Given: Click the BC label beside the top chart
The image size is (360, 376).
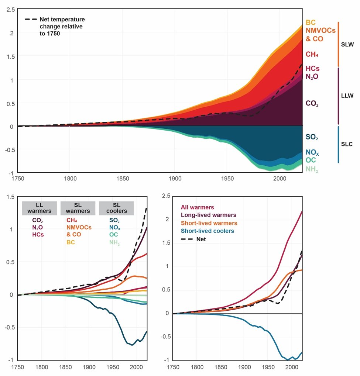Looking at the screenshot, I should tap(311, 23).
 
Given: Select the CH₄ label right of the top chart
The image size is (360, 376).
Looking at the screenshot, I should tap(312, 54).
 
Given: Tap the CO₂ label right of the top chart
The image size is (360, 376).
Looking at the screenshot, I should tap(312, 104).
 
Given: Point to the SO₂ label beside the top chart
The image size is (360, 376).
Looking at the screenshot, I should tap(312, 137).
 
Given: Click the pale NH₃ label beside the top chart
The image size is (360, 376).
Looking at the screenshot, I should tap(312, 169).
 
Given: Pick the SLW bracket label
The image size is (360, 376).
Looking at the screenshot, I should tap(347, 45).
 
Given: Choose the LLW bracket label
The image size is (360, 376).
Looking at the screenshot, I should tap(347, 96).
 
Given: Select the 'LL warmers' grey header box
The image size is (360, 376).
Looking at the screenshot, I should tap(39, 208).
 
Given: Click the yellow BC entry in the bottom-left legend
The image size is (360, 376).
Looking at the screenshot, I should tap(71, 242).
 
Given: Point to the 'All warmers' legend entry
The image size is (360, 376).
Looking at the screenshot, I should tap(197, 207).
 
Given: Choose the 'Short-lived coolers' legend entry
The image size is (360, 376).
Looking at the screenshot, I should tap(207, 231).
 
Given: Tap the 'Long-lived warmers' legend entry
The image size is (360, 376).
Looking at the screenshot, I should tap(209, 215).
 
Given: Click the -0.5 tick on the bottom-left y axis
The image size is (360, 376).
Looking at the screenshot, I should tap(8, 327).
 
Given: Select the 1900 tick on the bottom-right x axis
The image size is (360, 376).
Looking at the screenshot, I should tap(244, 368).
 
